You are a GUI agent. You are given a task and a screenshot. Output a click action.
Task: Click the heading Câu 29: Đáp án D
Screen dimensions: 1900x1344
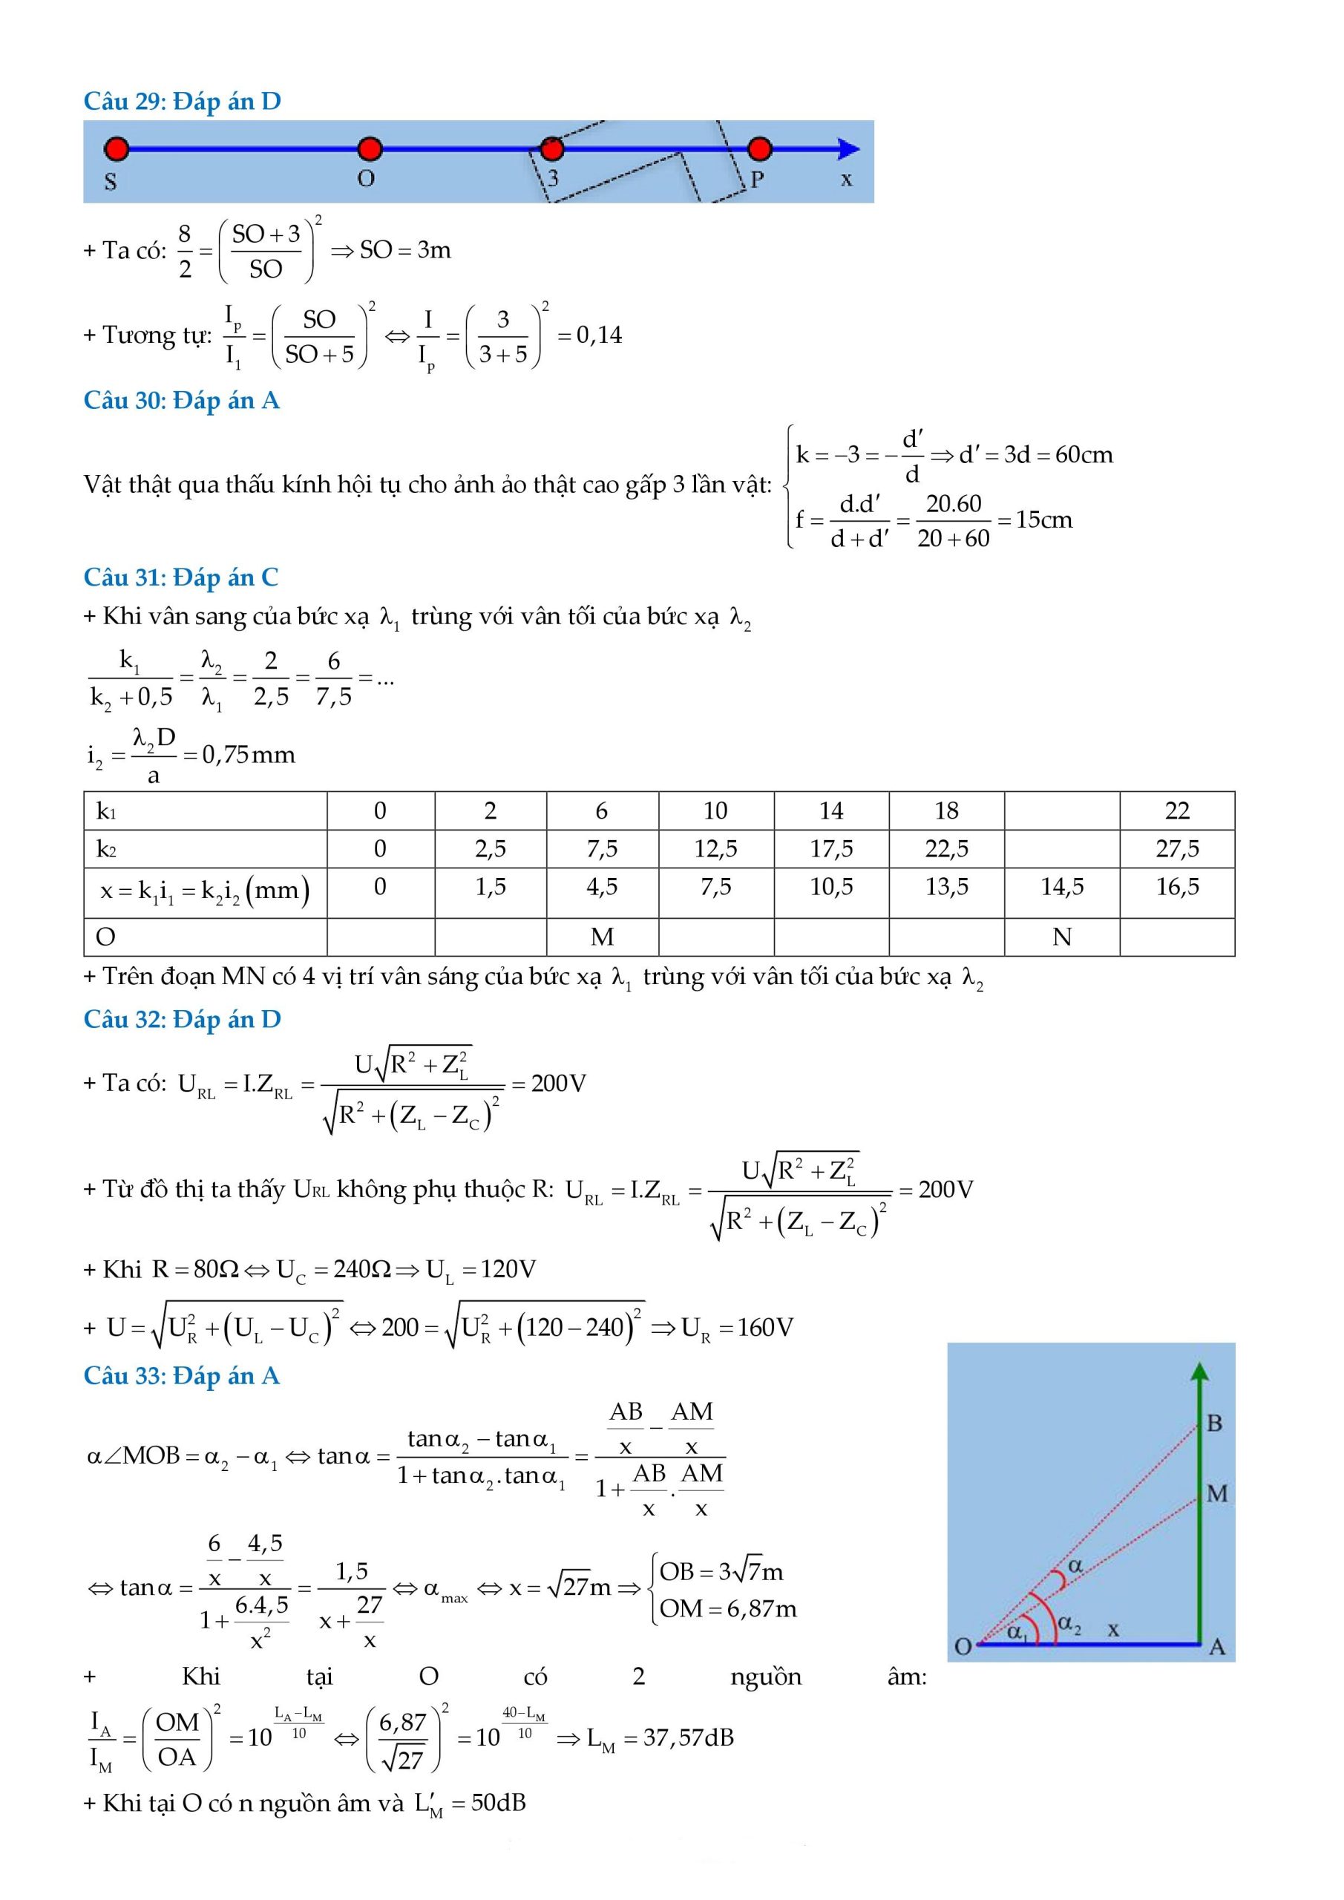pos(182,101)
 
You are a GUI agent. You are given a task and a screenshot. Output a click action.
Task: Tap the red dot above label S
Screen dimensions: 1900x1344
pos(117,149)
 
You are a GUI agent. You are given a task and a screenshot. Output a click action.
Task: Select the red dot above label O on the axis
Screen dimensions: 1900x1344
pos(369,149)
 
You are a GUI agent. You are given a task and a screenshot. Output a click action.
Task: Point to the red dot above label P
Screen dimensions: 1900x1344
pos(759,149)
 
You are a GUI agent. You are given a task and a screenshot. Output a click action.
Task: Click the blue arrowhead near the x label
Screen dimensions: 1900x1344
pos(848,149)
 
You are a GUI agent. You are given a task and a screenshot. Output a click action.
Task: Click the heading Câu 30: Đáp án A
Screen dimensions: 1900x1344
pos(181,401)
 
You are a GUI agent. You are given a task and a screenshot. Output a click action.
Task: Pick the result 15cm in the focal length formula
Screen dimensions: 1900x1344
pos(1043,520)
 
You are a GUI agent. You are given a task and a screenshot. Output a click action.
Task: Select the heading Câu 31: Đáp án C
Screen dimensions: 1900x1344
pos(180,577)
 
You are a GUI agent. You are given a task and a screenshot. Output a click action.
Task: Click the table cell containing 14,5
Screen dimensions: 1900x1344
pos(1062,887)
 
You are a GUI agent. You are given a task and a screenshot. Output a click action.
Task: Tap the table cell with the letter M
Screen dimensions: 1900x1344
pos(602,937)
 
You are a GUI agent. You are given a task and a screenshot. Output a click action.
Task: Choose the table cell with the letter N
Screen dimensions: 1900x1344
pos(1062,937)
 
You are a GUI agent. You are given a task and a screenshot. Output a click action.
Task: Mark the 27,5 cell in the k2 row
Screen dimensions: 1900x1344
pos(1177,848)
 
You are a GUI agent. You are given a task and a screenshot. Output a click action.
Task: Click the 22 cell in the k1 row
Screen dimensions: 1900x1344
pos(1177,810)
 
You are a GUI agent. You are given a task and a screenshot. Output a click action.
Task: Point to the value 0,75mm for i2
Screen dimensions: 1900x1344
pos(249,755)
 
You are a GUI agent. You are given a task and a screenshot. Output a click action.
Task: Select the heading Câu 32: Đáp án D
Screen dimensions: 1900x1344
pos(182,1019)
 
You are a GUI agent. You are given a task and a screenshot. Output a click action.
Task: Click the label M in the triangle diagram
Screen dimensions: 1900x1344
pos(1216,1494)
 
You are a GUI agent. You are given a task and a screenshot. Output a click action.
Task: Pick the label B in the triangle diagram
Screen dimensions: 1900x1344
pos(1214,1424)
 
